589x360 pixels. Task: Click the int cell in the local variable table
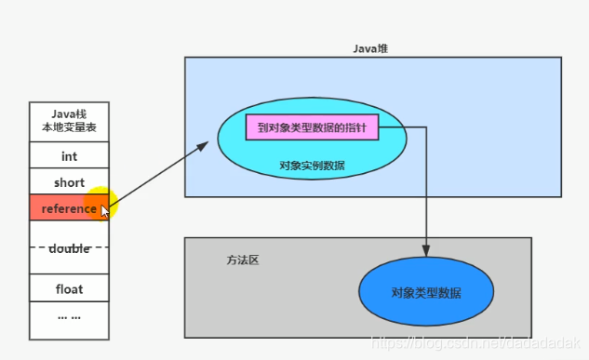[x=69, y=156]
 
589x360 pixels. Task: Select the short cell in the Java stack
[x=69, y=182]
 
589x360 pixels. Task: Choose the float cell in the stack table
[x=69, y=288]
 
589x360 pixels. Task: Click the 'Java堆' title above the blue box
[x=371, y=48]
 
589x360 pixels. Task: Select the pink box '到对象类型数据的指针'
[x=312, y=127]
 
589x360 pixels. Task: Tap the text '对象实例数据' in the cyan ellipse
[x=311, y=165]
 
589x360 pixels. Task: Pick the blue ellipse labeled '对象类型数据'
[x=427, y=292]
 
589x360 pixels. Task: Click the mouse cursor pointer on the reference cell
[x=104, y=210]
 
